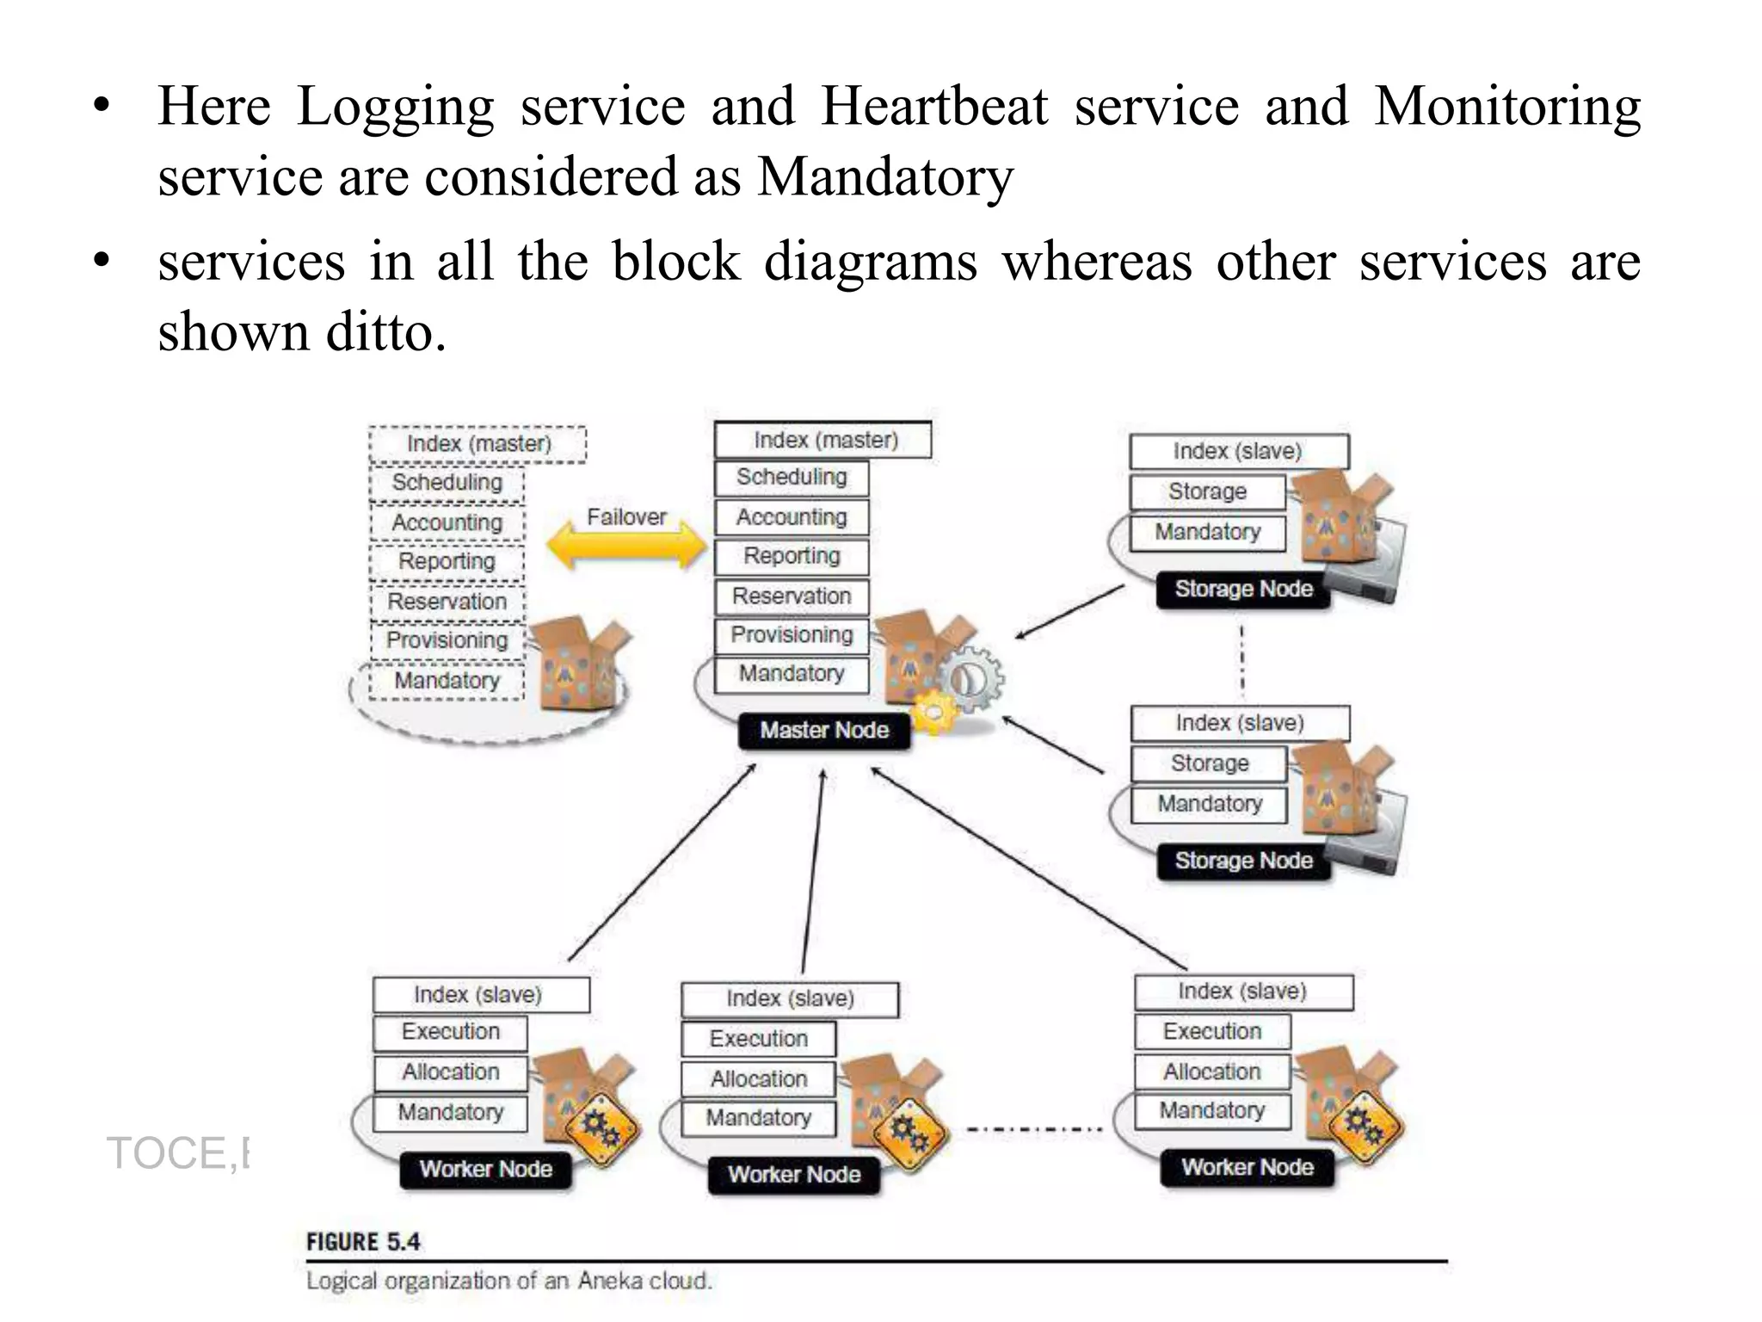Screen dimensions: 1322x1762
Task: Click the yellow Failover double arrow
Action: click(x=626, y=547)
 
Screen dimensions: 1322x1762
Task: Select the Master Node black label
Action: click(x=823, y=731)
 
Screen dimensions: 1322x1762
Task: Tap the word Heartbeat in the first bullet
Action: click(x=934, y=107)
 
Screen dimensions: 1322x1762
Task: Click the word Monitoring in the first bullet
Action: click(x=1507, y=107)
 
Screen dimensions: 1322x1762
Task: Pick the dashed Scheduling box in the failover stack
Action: click(x=447, y=483)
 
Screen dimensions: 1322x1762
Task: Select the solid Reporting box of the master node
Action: click(x=792, y=556)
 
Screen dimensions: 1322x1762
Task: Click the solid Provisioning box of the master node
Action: click(x=792, y=635)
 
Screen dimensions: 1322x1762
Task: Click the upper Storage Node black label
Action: click(x=1243, y=590)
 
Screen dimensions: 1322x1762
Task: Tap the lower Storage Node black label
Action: click(x=1243, y=861)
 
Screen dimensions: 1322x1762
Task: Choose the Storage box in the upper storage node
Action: click(x=1207, y=491)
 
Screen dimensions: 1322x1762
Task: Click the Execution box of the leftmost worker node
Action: click(x=450, y=1032)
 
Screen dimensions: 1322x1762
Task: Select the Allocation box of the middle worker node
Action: click(x=758, y=1079)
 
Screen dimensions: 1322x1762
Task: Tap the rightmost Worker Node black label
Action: click(x=1247, y=1168)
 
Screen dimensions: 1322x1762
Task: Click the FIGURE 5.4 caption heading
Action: click(x=363, y=1242)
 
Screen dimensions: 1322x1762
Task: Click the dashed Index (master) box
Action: click(x=477, y=444)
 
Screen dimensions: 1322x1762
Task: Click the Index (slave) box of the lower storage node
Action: click(x=1240, y=723)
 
